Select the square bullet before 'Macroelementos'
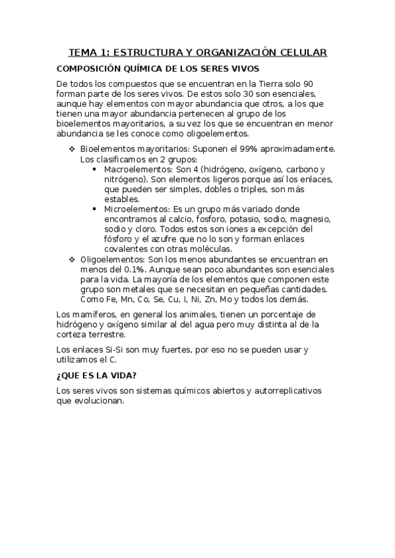coord(96,169)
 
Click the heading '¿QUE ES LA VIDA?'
coord(97,376)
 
